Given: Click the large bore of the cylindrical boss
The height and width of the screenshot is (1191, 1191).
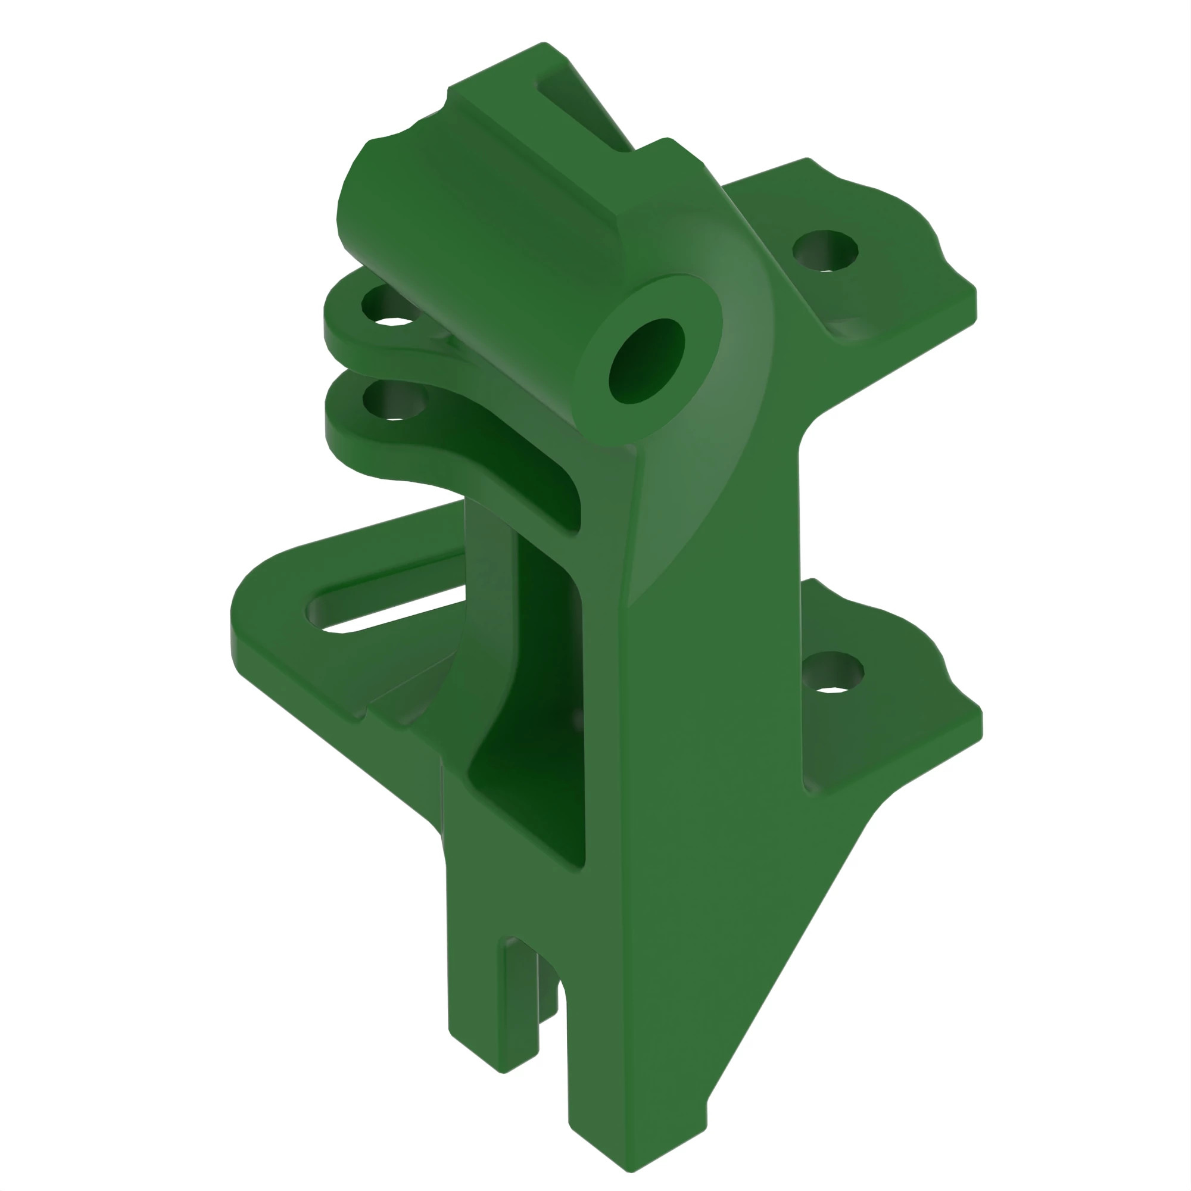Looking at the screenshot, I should (x=646, y=361).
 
